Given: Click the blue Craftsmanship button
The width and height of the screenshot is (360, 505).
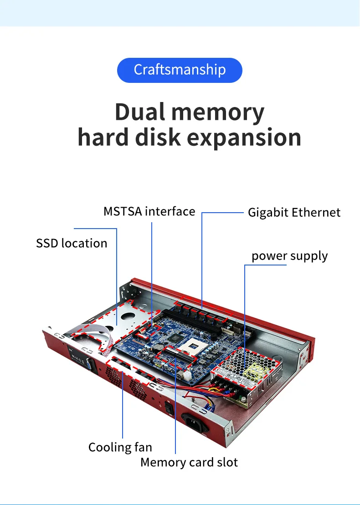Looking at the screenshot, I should (x=180, y=70).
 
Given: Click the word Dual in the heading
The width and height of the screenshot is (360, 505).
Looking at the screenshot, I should (x=139, y=112).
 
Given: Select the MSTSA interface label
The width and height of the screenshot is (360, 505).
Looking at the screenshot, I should (x=149, y=212).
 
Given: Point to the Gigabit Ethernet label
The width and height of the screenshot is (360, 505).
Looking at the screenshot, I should (x=294, y=213).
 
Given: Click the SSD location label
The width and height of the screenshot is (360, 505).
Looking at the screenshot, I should (x=72, y=243).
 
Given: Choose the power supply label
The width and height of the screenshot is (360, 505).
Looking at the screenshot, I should (x=289, y=256).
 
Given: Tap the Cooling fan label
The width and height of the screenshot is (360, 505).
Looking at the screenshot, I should (x=120, y=447).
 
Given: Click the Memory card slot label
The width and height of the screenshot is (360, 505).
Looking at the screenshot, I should (x=189, y=463).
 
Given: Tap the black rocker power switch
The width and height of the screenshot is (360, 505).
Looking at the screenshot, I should (x=170, y=408).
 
